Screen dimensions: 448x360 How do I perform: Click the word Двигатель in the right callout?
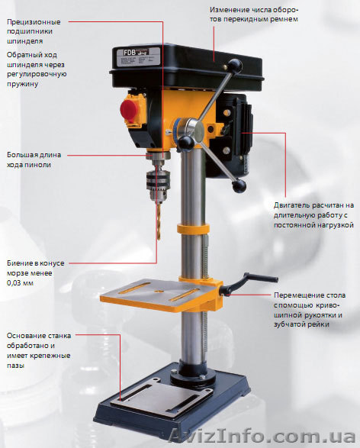pyautogui.click(x=295, y=205)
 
